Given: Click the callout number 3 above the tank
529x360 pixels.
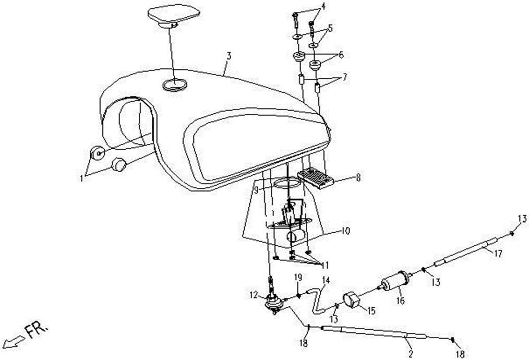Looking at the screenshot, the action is coord(229,56).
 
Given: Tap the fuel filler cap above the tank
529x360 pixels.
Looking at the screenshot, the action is coord(173,15).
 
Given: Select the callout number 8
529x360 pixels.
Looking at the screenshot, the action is coord(358,177).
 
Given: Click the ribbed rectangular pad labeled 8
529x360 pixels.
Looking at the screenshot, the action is coord(316,177).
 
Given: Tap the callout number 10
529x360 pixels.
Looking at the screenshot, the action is coord(345,232).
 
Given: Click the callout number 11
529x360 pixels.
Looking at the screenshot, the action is coord(324,266).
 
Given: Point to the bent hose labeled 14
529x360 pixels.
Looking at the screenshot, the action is coord(317,299).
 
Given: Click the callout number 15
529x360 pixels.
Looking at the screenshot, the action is coord(371,311).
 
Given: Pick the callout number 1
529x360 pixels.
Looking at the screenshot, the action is coord(81,178).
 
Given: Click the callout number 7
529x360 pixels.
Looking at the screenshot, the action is coord(344,77).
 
